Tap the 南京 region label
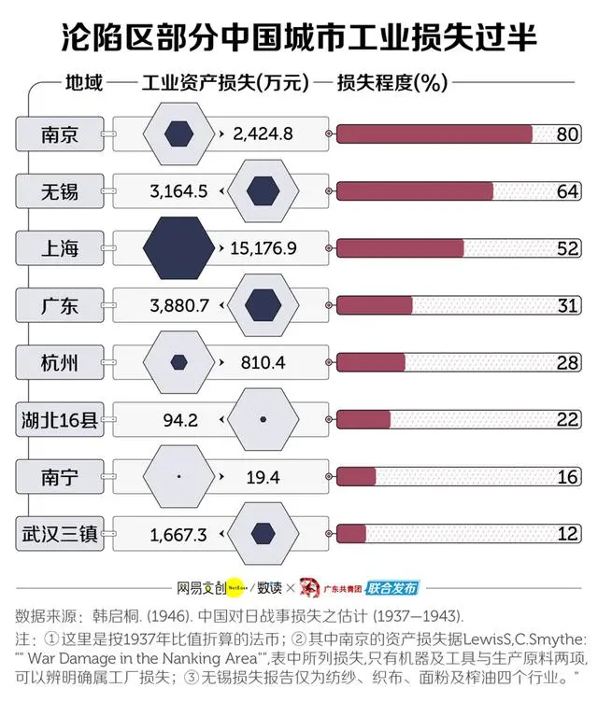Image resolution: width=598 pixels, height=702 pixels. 60,134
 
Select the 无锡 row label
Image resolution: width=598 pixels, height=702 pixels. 60,191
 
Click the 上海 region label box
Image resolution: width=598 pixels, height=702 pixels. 60,248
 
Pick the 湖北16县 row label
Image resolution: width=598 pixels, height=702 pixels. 60,420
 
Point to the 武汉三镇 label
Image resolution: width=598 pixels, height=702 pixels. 60,534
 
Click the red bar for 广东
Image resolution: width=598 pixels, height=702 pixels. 374,306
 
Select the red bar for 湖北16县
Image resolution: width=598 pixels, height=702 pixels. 363,420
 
